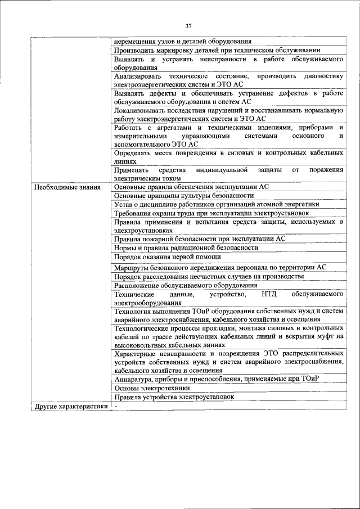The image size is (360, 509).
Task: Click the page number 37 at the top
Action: [x=188, y=25]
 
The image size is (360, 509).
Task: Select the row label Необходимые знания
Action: [x=67, y=187]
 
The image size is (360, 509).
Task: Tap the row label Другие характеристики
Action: [x=70, y=406]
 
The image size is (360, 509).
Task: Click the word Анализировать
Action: [x=137, y=76]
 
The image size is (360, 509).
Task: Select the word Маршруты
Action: [x=131, y=267]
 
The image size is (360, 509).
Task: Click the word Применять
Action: [x=132, y=169]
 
